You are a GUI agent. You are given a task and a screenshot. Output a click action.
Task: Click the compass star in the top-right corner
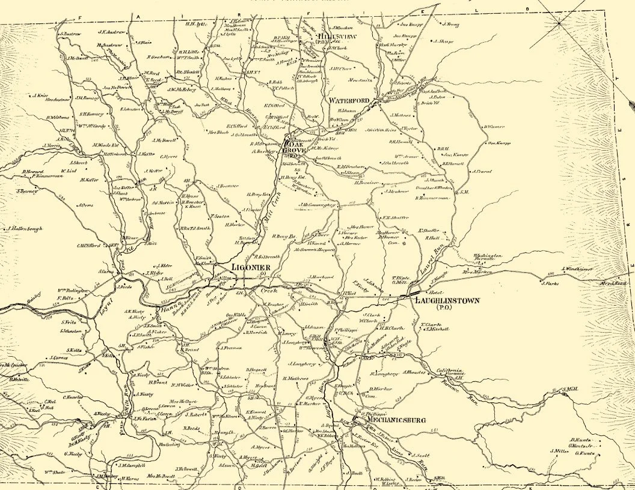coord(559,23)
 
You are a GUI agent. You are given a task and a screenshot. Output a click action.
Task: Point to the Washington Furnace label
coord(487,257)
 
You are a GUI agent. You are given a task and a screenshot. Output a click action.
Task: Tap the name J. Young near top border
coord(450,25)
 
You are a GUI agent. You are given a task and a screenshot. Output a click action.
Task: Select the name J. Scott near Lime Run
coord(419,455)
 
